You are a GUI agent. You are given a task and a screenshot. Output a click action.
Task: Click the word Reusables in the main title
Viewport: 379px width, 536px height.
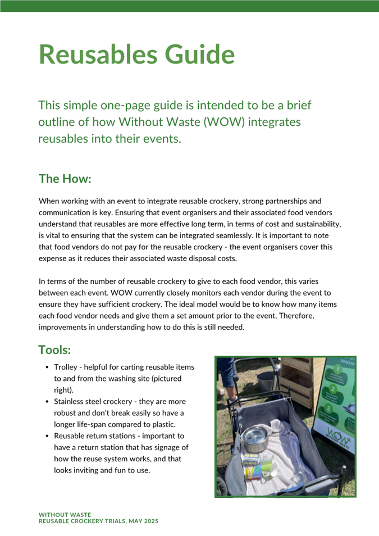pyautogui.click(x=96, y=54)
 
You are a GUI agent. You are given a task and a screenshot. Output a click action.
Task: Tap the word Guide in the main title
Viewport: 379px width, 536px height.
pyautogui.click(x=197, y=54)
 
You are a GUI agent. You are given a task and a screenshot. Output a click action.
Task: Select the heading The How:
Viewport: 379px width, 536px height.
pyautogui.click(x=65, y=179)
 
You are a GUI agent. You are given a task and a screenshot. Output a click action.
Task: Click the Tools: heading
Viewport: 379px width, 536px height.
pyautogui.click(x=54, y=350)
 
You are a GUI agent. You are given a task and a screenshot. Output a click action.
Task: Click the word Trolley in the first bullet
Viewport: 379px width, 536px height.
pyautogui.click(x=67, y=367)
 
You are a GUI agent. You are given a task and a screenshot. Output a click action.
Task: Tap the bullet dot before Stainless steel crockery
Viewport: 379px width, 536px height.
pyautogui.click(x=47, y=402)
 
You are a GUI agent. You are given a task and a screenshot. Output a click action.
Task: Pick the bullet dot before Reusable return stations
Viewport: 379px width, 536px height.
pyautogui.click(x=47, y=436)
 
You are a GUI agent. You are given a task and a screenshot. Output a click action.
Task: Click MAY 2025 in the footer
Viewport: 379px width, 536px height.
pyautogui.click(x=143, y=521)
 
